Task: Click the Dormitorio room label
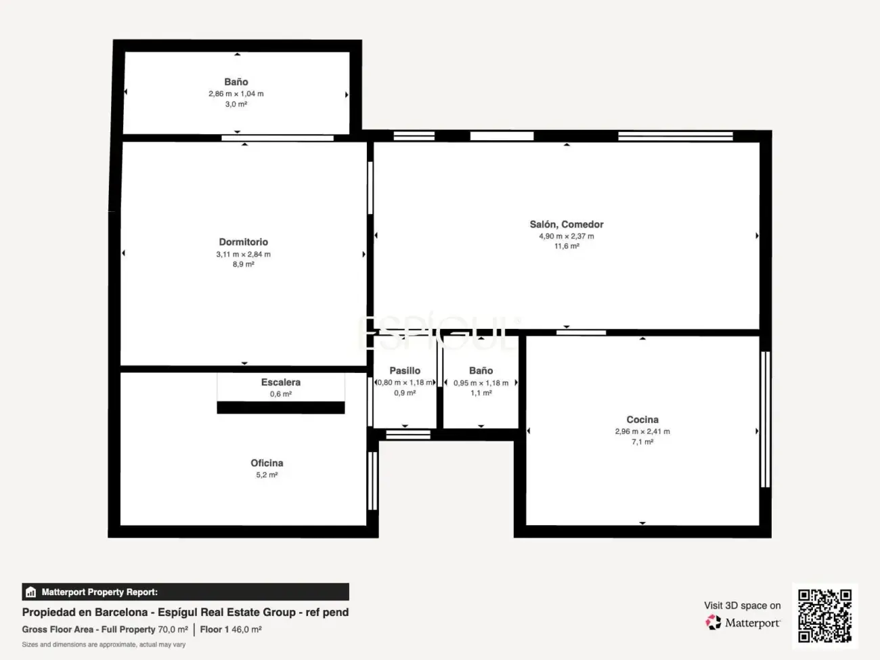(x=243, y=242)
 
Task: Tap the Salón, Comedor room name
(x=567, y=225)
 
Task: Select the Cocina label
(x=642, y=420)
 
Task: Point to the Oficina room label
(x=267, y=463)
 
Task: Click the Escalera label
(x=281, y=382)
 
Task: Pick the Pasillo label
(x=405, y=371)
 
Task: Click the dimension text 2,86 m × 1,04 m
(x=236, y=94)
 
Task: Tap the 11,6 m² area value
(x=567, y=246)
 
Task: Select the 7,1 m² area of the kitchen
(x=642, y=441)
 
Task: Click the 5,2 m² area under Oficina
(x=267, y=475)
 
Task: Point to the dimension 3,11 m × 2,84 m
(x=243, y=254)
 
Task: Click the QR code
(x=824, y=615)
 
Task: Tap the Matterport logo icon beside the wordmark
(x=713, y=622)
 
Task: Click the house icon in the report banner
(x=31, y=592)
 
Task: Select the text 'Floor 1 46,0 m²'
(x=231, y=629)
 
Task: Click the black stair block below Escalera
(x=281, y=408)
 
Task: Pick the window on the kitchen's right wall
(x=766, y=419)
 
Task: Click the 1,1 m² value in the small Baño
(x=481, y=393)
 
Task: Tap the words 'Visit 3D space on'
(x=743, y=605)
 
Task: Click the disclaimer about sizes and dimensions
(x=104, y=644)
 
